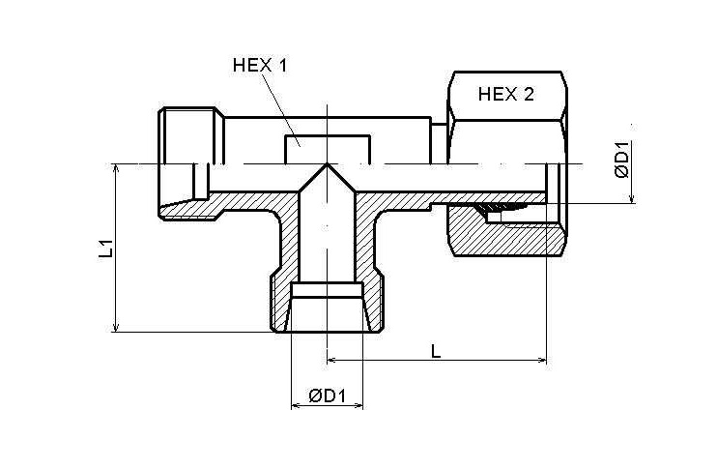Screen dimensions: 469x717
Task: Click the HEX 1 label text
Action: (261, 66)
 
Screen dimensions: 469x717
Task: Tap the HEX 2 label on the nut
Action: (506, 94)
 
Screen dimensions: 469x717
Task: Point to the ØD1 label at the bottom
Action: (329, 396)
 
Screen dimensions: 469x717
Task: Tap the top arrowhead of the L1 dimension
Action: (116, 168)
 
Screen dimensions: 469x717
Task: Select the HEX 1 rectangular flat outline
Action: (327, 148)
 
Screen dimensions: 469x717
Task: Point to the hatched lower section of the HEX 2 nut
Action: (507, 237)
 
